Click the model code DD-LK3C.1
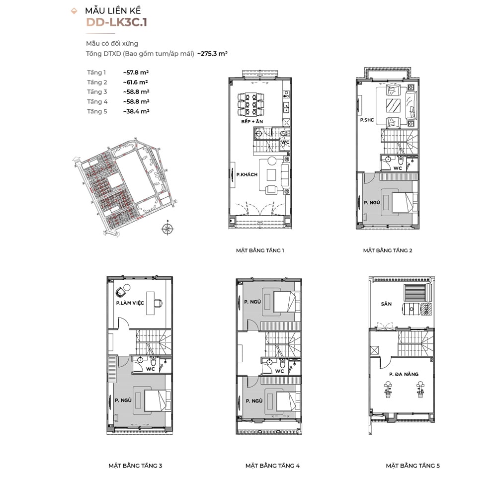coord(116,22)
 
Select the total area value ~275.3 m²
coord(212,54)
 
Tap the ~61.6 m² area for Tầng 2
coord(136,82)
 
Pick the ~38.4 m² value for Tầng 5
coord(136,111)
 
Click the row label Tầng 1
coord(96,73)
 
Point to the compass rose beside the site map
coord(168,228)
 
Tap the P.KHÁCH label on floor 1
coord(247,174)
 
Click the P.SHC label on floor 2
coord(367,120)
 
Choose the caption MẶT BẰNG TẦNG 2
coord(387,250)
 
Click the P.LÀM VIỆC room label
coord(130,303)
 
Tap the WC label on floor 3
coord(150,369)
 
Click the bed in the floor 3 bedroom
coord(158,400)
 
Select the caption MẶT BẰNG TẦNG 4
coord(272,466)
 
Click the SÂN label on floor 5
coord(386,304)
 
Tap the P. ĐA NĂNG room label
coord(404,374)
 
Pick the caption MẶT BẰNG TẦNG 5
coord(413,466)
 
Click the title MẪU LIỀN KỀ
coord(113,10)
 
